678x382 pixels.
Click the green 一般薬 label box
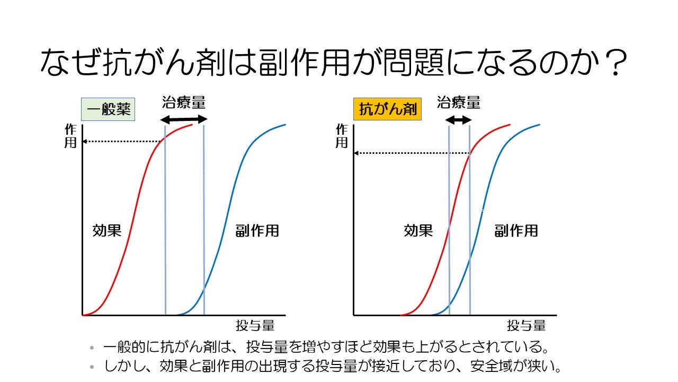[108, 110]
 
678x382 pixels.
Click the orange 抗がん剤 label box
[387, 110]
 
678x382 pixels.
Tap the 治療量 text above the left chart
[183, 102]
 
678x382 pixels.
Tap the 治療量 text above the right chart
[459, 102]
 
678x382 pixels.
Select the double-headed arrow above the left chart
[184, 119]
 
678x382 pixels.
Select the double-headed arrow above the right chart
[458, 120]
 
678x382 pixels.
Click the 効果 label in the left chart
[107, 230]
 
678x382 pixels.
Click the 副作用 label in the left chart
[257, 230]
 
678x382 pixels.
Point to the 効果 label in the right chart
[418, 230]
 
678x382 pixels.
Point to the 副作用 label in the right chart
[516, 230]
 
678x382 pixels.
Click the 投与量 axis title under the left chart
[255, 325]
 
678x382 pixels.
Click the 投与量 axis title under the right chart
[526, 325]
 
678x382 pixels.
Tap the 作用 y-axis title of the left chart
[70, 136]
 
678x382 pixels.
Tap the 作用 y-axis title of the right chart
[342, 136]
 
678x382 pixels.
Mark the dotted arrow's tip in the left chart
[85, 142]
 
